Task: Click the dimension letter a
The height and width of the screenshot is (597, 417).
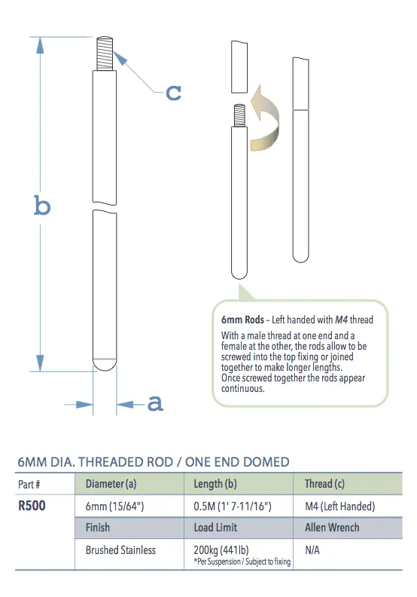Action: (x=154, y=403)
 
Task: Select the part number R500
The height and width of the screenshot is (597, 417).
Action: (x=32, y=506)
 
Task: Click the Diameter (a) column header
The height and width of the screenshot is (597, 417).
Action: (x=111, y=483)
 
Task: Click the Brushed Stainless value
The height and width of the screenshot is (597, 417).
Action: (x=120, y=550)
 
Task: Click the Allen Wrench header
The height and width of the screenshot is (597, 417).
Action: (x=332, y=528)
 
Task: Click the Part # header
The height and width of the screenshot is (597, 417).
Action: (x=28, y=483)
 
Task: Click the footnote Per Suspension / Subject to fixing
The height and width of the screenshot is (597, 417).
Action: (x=242, y=562)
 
